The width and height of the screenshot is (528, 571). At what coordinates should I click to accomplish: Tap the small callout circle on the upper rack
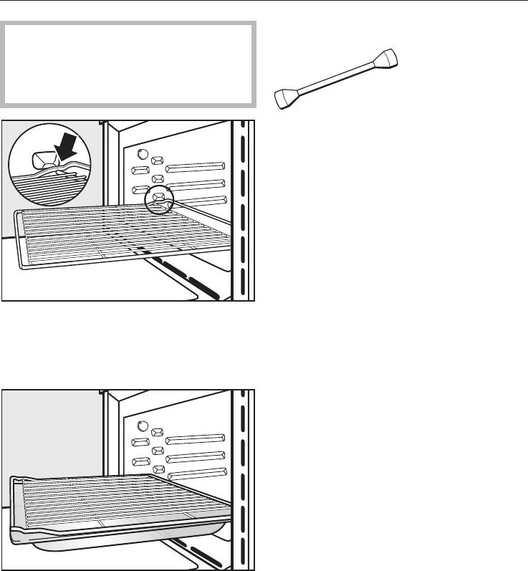(159, 201)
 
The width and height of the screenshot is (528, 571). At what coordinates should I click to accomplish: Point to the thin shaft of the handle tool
(337, 78)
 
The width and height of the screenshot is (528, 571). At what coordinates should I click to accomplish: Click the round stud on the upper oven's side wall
(142, 155)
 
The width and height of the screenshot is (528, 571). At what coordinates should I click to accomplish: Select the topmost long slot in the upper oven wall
(196, 169)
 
